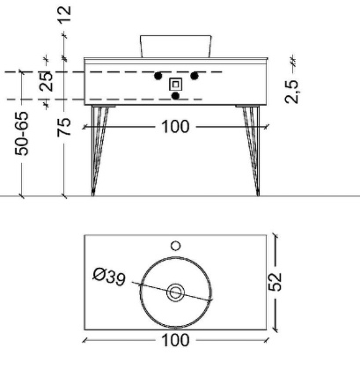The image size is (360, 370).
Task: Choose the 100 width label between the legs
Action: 175,128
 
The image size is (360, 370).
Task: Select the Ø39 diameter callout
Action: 110,277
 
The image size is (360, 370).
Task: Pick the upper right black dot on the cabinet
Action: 195,75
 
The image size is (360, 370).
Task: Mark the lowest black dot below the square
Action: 175,95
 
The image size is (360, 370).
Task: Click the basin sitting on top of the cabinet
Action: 176,45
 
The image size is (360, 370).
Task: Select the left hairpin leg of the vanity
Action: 98,150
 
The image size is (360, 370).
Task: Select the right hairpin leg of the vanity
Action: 253,150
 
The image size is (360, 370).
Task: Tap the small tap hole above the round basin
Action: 175,245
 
